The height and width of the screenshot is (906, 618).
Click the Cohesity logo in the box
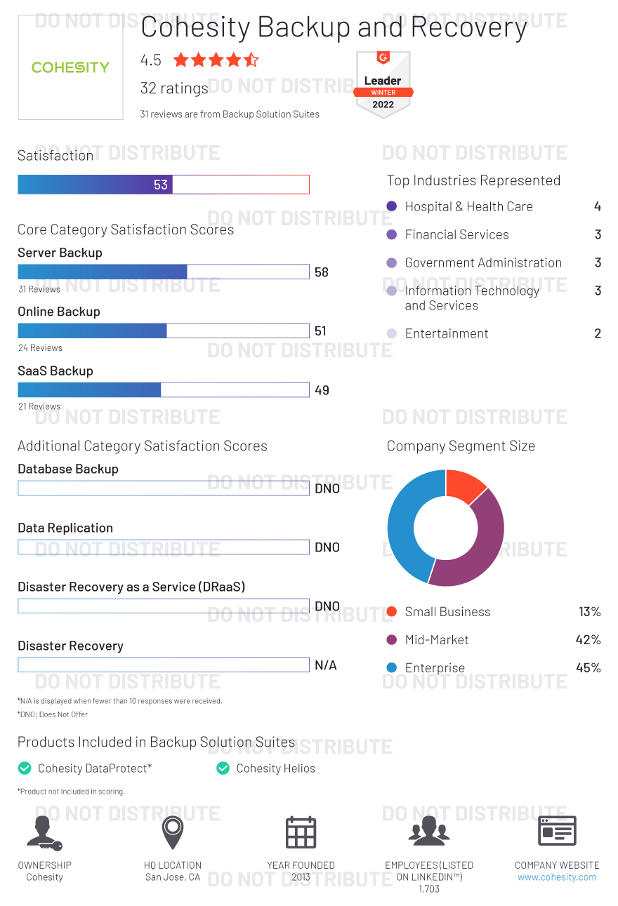coord(70,67)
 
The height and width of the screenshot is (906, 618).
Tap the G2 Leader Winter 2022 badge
coord(383,84)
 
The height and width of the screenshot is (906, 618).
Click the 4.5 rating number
coord(151,60)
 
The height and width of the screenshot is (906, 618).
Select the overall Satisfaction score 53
coord(161,185)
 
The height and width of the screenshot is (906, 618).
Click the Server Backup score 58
coord(322,272)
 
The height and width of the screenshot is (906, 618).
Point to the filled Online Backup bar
coord(92,331)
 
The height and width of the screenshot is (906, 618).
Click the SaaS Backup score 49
coord(322,390)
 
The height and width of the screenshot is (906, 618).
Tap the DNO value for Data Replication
coord(327,547)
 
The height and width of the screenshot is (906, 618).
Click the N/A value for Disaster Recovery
coord(326,665)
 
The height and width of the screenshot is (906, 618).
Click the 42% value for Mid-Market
coord(588,640)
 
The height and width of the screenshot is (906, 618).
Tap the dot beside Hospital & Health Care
coord(392,206)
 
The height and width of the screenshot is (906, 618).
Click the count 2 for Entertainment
coord(598,334)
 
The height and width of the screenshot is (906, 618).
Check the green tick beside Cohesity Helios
coord(223,768)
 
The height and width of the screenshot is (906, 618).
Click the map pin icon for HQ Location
coord(173,832)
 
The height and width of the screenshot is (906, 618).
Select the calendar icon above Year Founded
coord(301,832)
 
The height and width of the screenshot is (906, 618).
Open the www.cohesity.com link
coord(557,877)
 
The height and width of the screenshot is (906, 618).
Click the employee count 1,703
coord(428,889)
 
